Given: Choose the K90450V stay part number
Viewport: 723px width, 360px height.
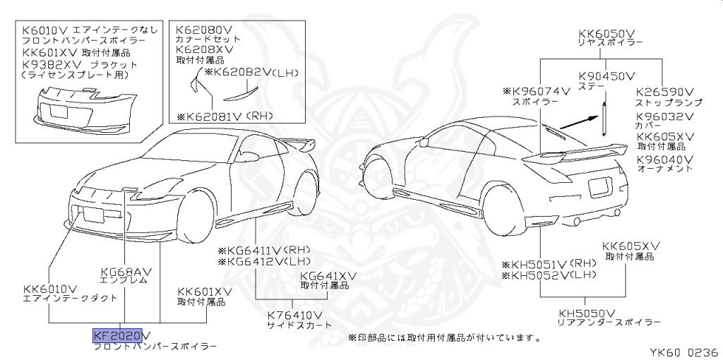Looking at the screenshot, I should [x=607, y=76].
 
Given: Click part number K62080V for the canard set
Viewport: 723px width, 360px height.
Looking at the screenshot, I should [x=203, y=30].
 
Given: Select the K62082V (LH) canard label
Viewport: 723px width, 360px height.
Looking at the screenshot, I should [x=251, y=72].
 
